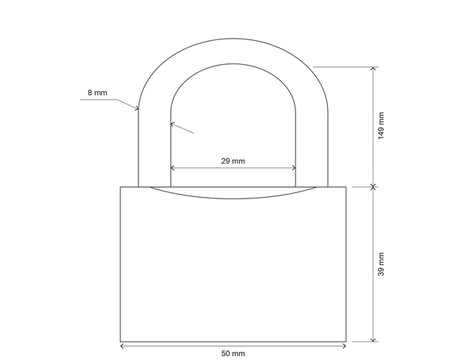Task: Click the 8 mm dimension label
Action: point(97,93)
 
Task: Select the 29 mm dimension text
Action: point(233,161)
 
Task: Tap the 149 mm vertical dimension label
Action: point(380,126)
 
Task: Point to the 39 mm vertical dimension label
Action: point(380,264)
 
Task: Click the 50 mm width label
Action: point(233,353)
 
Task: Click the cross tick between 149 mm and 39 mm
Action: point(374,186)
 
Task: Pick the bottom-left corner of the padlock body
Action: point(121,341)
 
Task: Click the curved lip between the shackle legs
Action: point(233,194)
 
